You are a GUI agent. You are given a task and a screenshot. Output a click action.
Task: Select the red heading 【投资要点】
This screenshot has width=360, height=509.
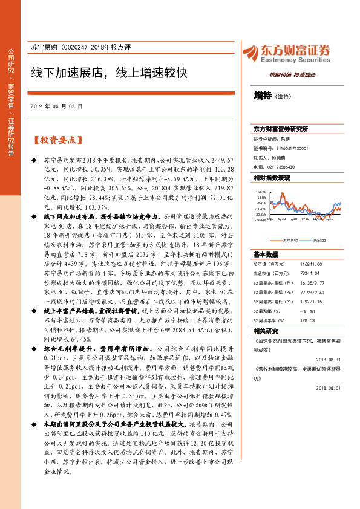(56, 140)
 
